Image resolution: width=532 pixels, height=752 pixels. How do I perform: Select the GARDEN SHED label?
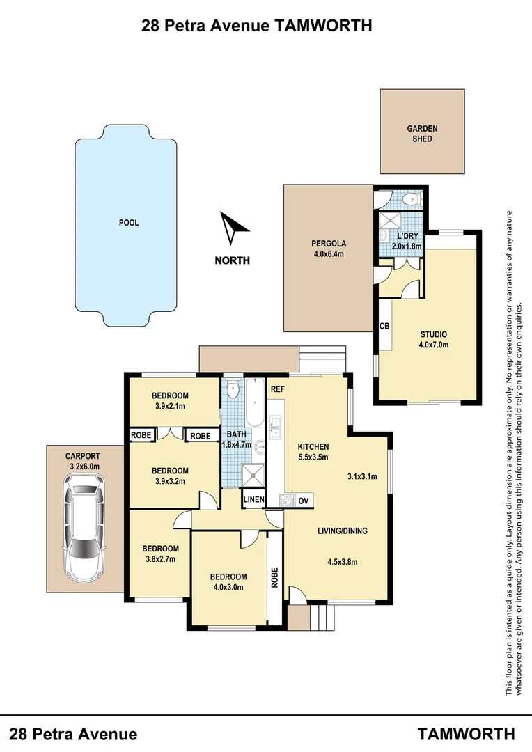point(422,134)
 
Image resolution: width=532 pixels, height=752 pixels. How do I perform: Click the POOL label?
point(129,223)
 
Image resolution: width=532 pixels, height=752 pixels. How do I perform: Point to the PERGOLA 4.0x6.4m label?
point(328,249)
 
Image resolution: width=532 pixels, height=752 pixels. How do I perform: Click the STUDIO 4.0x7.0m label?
point(433,339)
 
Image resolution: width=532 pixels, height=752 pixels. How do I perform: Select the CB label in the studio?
point(384,325)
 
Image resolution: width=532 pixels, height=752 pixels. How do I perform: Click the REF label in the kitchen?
point(278,389)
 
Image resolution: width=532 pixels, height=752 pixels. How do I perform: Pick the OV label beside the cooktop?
point(303,501)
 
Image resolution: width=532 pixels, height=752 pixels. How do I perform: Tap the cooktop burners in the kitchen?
point(285,499)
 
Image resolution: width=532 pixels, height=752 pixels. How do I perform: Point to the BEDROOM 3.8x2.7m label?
point(162,554)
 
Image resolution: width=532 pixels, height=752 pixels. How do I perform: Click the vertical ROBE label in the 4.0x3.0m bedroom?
point(275,577)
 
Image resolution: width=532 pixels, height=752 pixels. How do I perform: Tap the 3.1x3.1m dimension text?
point(362,477)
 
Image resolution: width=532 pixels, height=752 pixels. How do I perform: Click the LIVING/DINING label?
point(342,531)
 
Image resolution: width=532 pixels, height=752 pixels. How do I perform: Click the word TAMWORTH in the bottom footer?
point(467,734)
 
